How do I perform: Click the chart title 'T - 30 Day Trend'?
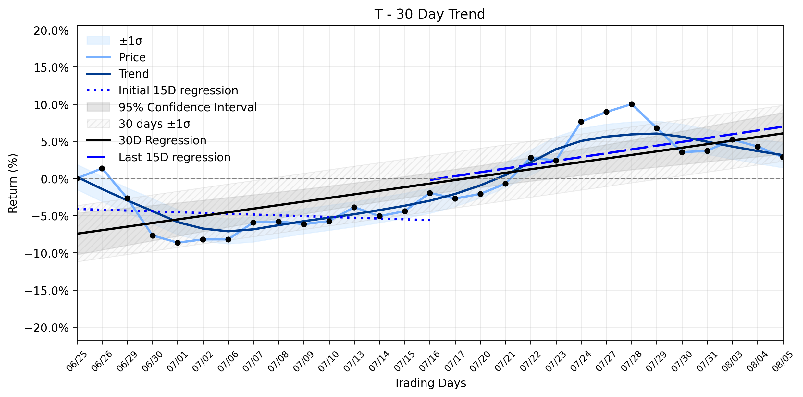429,14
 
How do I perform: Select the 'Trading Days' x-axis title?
430,383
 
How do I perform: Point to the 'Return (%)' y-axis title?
13,183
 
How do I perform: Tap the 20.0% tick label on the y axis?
51,31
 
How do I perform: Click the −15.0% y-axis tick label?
47,291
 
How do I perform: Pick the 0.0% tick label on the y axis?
55,179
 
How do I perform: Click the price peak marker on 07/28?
632,104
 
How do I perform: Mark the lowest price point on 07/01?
178,243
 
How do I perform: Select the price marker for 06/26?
102,168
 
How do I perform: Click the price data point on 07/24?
581,122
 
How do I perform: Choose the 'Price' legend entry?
116,57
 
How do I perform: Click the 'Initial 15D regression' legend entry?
162,90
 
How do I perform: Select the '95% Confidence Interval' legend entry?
172,107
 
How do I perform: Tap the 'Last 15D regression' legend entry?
158,157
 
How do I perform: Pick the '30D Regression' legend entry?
146,140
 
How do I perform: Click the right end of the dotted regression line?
430,220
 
